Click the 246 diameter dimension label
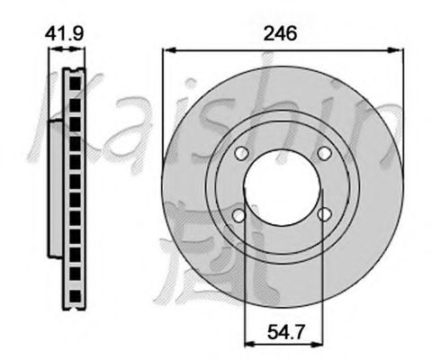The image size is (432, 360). point(280,33)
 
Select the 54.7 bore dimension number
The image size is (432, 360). point(286,332)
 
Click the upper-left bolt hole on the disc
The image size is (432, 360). point(241,153)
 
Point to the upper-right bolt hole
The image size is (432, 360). point(324,153)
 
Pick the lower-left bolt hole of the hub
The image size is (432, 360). point(239,215)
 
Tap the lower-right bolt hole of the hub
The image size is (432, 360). point(324,214)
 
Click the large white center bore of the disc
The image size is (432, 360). point(283,188)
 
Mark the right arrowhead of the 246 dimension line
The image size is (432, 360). point(396,50)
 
